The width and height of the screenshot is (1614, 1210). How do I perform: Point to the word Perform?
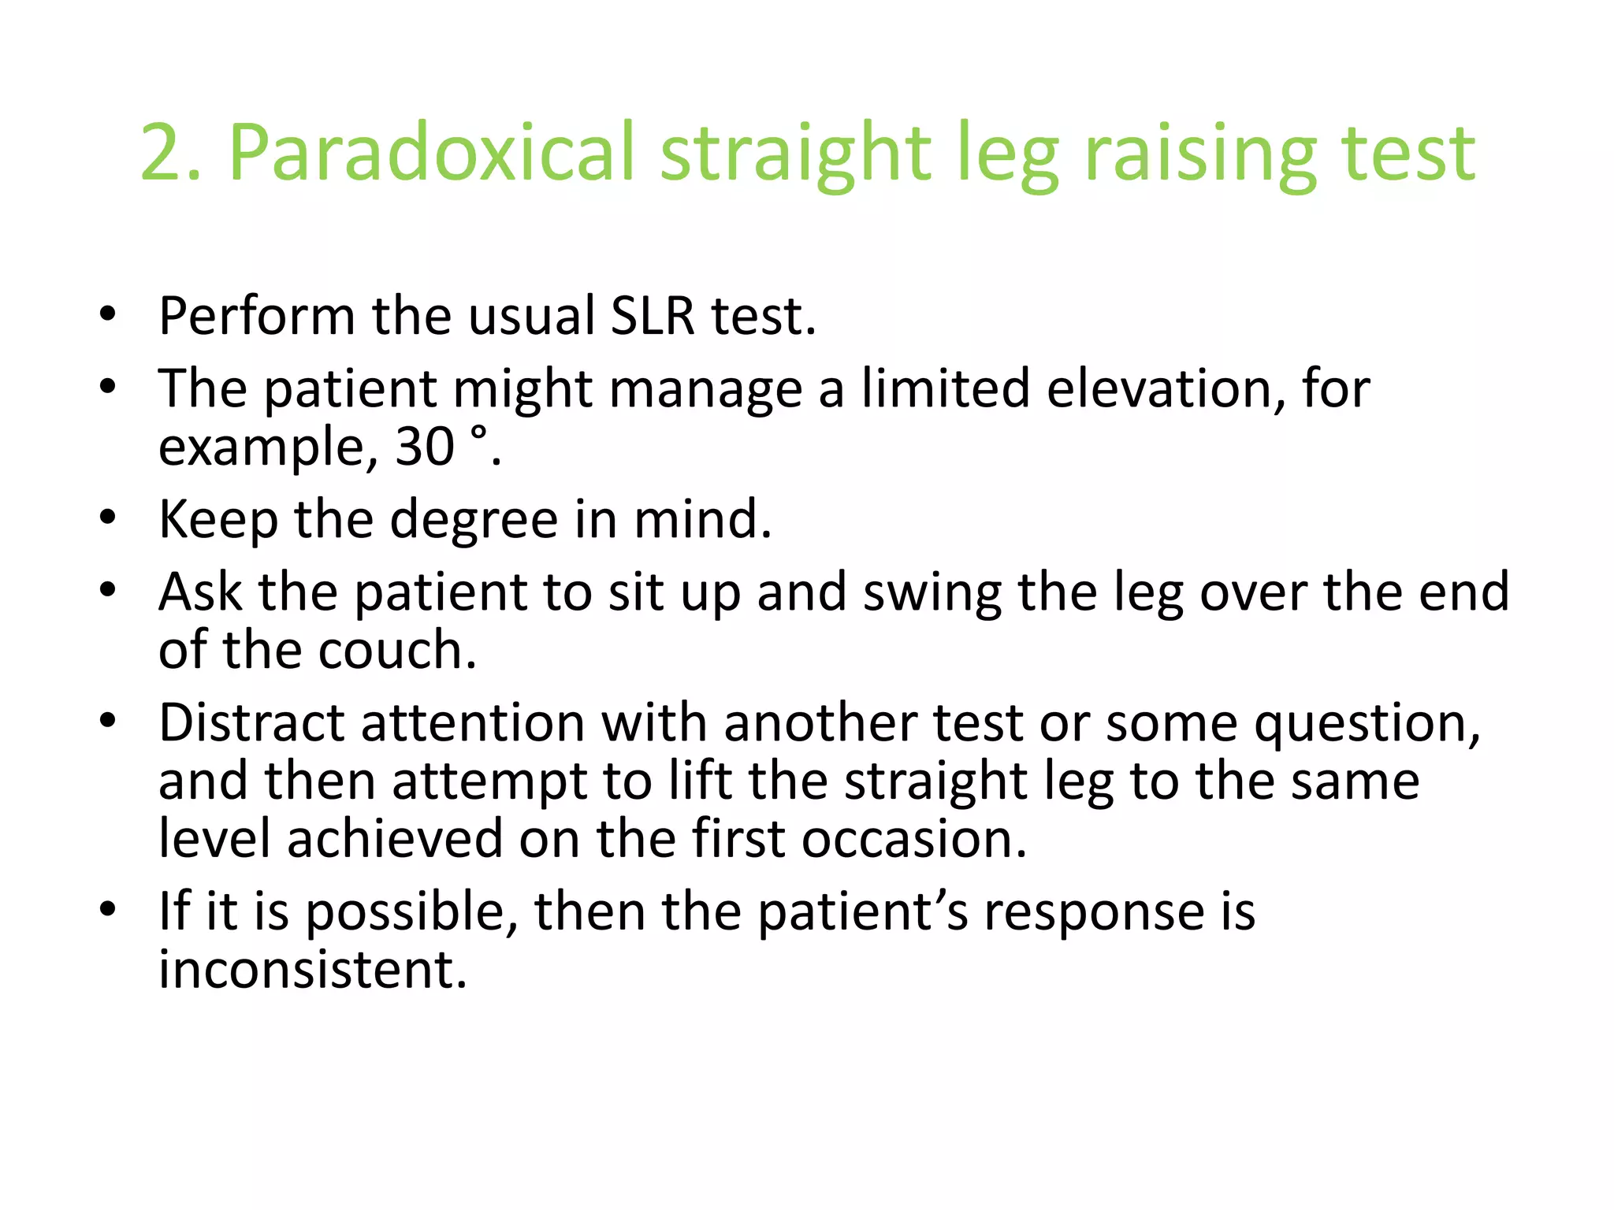tap(257, 316)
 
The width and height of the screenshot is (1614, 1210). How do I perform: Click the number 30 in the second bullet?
tap(425, 447)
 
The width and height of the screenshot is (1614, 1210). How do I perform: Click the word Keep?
tap(218, 520)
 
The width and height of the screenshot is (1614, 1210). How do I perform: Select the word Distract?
tap(251, 722)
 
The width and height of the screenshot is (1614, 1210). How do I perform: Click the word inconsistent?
tap(313, 970)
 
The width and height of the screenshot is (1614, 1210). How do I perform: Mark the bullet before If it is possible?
tap(109, 909)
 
